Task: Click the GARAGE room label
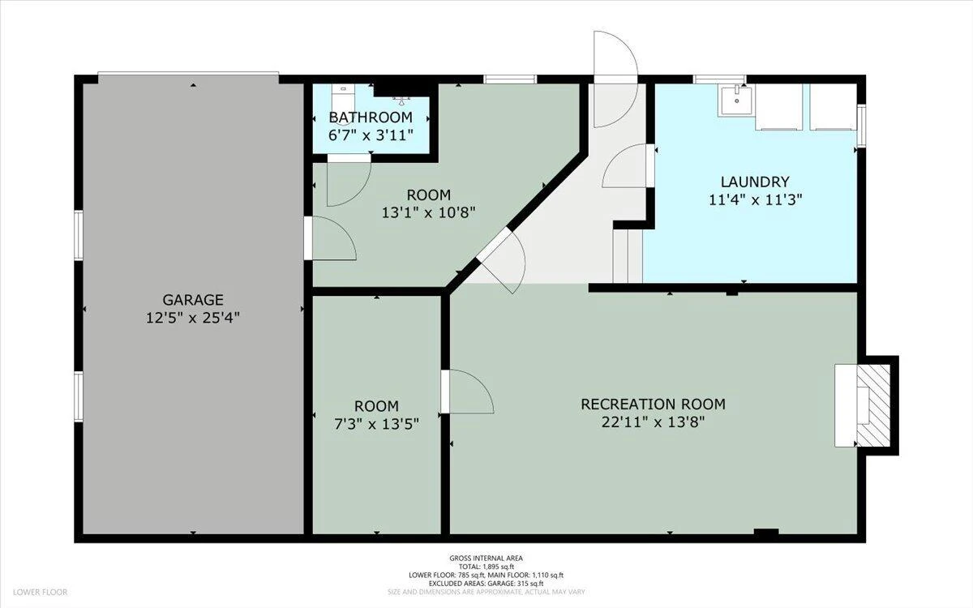193,300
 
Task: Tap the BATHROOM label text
371,118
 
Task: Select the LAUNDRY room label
755,182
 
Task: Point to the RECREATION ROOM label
653,405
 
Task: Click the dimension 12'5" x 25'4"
193,319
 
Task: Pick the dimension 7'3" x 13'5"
376,424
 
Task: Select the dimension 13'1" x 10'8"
428,212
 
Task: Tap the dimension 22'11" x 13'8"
653,422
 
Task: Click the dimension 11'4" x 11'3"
755,199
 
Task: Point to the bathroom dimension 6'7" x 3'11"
371,135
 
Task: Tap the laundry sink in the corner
736,101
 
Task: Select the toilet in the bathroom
343,96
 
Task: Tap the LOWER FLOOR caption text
40,592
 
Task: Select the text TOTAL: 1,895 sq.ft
486,567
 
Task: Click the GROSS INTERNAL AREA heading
486,558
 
